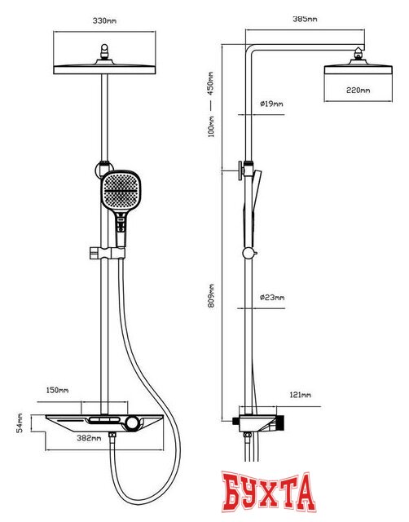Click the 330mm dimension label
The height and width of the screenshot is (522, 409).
click(104, 20)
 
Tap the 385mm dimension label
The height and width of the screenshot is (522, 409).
click(305, 19)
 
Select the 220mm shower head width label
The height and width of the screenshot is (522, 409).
click(358, 90)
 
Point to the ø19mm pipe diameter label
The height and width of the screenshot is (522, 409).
click(271, 104)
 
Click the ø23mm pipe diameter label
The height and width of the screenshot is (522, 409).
click(272, 297)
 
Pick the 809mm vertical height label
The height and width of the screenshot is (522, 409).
click(211, 295)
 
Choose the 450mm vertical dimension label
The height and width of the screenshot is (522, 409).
click(211, 83)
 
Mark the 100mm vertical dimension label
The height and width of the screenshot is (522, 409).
click(211, 126)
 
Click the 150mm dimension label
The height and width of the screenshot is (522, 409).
click(57, 390)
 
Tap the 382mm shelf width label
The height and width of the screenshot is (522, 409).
click(89, 438)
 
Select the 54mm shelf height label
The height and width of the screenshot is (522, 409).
click(20, 422)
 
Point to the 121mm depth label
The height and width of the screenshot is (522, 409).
click(301, 395)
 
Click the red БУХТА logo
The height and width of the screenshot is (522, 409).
click(269, 491)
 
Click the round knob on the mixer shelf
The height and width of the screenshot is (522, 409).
click(133, 422)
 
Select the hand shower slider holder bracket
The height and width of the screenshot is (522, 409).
click(107, 253)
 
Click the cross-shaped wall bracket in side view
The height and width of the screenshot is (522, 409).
click(240, 170)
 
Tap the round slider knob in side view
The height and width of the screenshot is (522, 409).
click(248, 254)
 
